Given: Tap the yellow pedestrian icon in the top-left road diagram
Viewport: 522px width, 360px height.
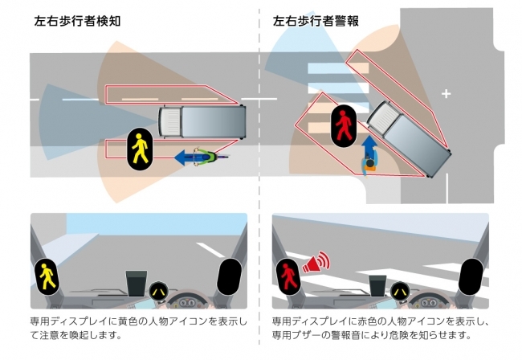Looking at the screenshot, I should [139, 148].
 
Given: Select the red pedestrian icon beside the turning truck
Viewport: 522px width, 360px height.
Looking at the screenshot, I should [343, 126].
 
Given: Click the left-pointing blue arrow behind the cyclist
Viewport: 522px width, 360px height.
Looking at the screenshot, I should [186, 156].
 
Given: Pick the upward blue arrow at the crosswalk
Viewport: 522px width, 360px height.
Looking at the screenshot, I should [369, 147].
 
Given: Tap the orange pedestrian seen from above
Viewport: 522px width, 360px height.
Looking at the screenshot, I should [369, 166].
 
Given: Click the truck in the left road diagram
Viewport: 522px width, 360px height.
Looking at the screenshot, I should [202, 121].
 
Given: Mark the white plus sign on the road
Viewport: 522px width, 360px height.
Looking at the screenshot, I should [447, 94].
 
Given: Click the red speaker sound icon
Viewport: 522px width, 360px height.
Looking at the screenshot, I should [316, 263].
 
